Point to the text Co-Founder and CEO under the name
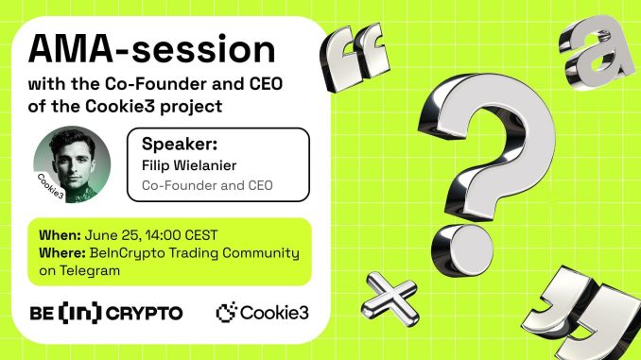point(206,185)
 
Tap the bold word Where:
point(63,252)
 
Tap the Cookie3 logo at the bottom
point(263,311)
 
